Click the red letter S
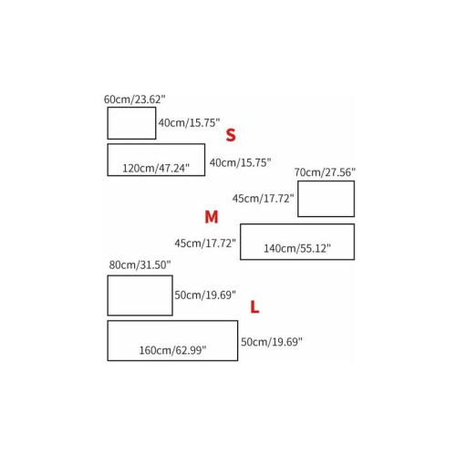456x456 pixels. (x=231, y=135)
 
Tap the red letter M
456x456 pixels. (x=212, y=217)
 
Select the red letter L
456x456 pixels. (x=254, y=307)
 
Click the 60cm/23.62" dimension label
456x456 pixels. (x=135, y=99)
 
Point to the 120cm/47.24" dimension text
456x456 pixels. (x=156, y=168)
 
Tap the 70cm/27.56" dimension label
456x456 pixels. (x=325, y=172)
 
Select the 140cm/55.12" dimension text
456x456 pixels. (x=297, y=249)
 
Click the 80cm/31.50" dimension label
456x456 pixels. (x=140, y=265)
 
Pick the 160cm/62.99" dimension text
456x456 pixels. (x=172, y=350)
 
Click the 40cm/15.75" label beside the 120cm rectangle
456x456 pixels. (x=240, y=163)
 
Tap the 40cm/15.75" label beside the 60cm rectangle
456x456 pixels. (x=189, y=123)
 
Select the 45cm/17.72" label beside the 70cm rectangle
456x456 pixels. (x=264, y=199)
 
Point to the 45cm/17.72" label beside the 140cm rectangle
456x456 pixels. (x=205, y=244)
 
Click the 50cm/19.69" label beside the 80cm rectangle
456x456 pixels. (x=205, y=295)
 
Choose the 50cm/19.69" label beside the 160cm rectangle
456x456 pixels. (x=272, y=342)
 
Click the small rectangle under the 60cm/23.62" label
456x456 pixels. (x=108, y=123)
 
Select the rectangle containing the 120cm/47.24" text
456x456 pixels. (x=108, y=160)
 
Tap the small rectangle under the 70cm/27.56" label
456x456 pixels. (x=298, y=199)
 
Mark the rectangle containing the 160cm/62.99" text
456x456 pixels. (x=108, y=341)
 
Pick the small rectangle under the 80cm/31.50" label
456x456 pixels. (x=108, y=295)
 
